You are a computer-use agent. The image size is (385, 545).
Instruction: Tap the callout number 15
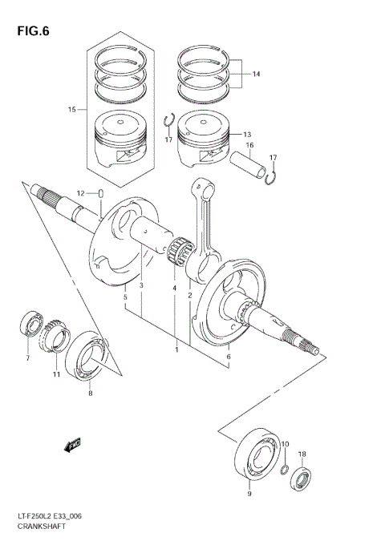[72, 109]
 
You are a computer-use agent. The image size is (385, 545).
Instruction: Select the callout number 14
[256, 75]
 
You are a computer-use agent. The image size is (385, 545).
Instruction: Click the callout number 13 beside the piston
[246, 135]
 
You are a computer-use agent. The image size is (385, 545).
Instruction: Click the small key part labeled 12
[103, 193]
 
